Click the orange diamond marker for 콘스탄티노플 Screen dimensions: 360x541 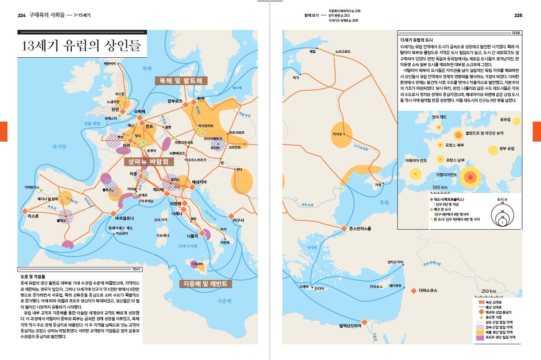(344, 228)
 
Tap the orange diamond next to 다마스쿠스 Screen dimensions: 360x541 (413, 291)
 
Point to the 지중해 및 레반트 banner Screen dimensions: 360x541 (206, 284)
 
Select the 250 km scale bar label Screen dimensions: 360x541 (488, 291)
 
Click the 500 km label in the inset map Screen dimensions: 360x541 (439, 187)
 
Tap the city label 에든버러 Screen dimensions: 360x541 (110, 64)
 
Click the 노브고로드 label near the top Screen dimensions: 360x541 (340, 51)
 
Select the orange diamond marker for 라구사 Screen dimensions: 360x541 (231, 216)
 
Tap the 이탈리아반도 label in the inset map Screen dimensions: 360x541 (447, 174)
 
